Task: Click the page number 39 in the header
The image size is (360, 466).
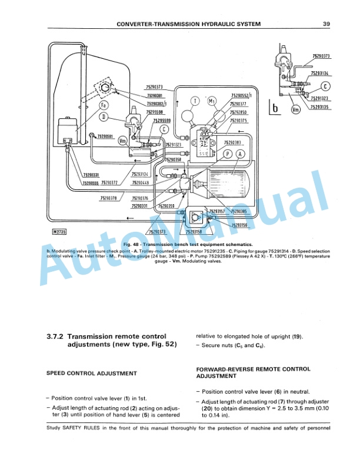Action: pos(326,24)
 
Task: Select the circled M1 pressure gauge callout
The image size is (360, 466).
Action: pos(215,102)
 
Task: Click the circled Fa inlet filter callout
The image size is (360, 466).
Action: pos(104,105)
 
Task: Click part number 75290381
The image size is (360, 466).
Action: pos(156,96)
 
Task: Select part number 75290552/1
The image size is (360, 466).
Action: pos(242,95)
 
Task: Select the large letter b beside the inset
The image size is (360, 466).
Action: pos(274,108)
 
